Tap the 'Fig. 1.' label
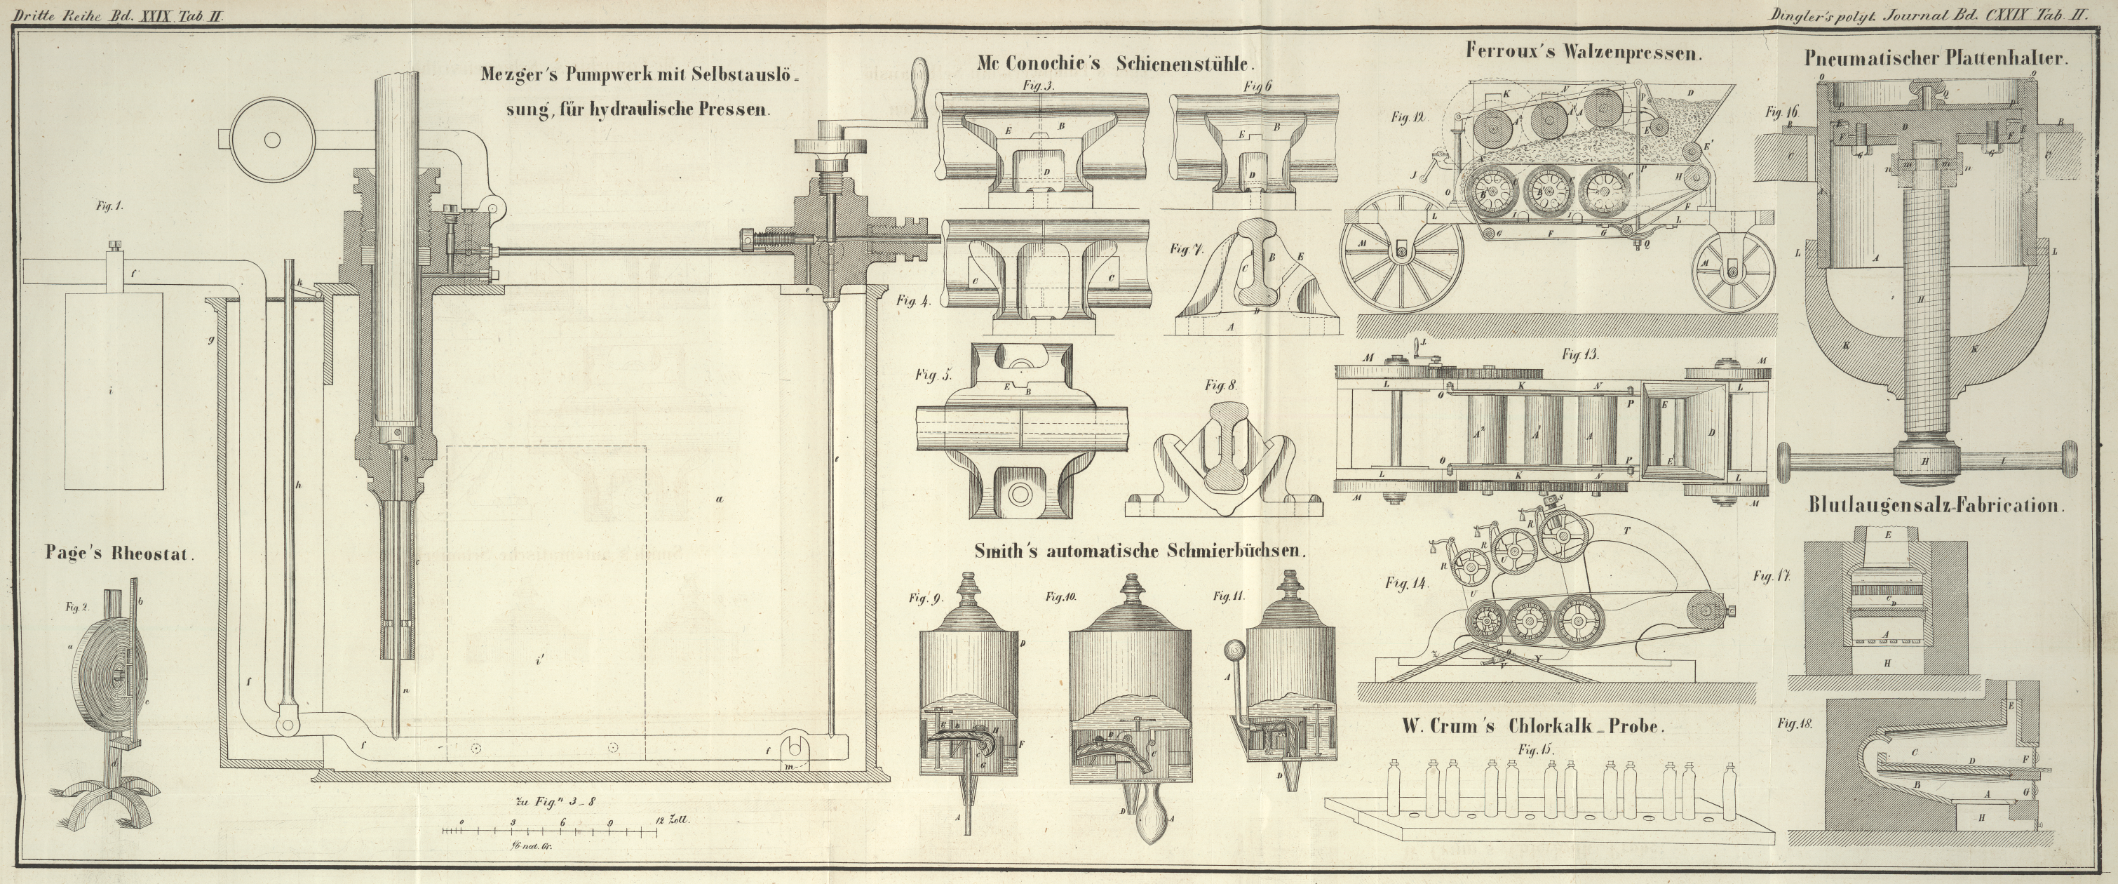click(108, 207)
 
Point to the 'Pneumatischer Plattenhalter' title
click(1936, 58)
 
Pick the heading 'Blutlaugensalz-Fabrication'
click(1935, 506)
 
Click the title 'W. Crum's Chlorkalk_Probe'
click(1532, 726)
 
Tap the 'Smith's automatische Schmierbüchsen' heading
click(1140, 551)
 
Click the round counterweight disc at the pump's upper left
click(270, 140)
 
